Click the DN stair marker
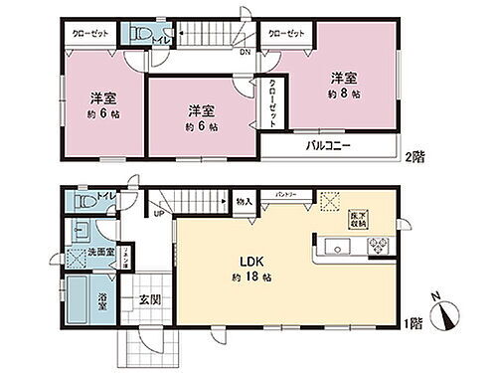point(245,54)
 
